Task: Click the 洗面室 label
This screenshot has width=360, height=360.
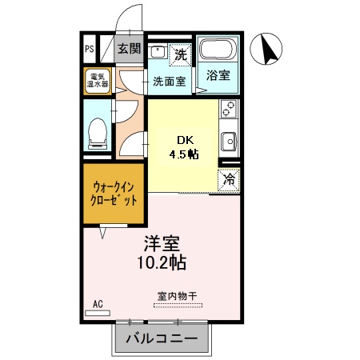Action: pyautogui.click(x=170, y=81)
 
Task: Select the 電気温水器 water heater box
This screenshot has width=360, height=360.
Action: pyautogui.click(x=98, y=81)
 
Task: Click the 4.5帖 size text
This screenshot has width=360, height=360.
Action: pyautogui.click(x=182, y=154)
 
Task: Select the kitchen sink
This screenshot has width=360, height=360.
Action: pyautogui.click(x=229, y=141)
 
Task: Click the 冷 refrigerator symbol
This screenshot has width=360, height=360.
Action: pyautogui.click(x=229, y=179)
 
